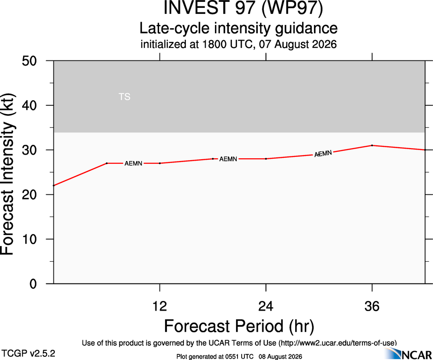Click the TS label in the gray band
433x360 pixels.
pyautogui.click(x=124, y=97)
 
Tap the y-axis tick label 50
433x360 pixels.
pyautogui.click(x=29, y=61)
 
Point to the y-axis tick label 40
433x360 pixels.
pyautogui.click(x=29, y=105)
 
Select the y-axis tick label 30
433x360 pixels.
pyautogui.click(x=29, y=150)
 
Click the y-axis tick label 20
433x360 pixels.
pyautogui.click(x=29, y=195)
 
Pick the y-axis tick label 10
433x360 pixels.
pyautogui.click(x=29, y=239)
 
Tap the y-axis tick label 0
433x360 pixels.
pyautogui.click(x=33, y=284)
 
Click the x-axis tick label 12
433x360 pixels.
pyautogui.click(x=160, y=306)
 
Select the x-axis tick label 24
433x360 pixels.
pyautogui.click(x=266, y=306)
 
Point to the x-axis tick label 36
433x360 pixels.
pyautogui.click(x=372, y=306)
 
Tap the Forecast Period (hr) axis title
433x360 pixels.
pyautogui.click(x=239, y=326)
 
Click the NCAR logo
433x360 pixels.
pyautogui.click(x=408, y=354)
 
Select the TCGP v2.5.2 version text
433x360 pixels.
pyautogui.click(x=28, y=354)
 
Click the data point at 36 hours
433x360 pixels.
pyautogui.click(x=372, y=145)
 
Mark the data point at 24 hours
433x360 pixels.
pyautogui.click(x=266, y=159)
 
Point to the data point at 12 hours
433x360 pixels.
pyautogui.click(x=160, y=163)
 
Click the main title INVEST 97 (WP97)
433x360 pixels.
pyautogui.click(x=243, y=8)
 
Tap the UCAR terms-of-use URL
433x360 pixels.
pyautogui.click(x=338, y=343)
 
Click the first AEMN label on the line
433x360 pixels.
pyautogui.click(x=133, y=163)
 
